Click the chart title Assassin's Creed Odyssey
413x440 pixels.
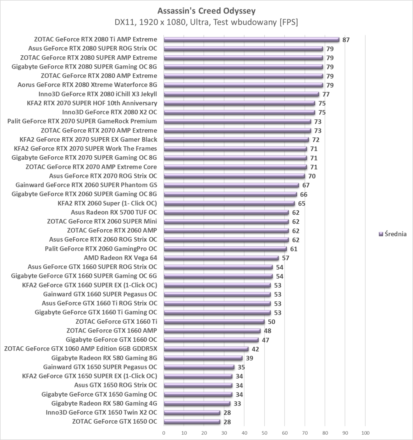[206, 11]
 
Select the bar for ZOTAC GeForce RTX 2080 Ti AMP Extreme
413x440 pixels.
[251, 40]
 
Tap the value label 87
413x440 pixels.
[346, 40]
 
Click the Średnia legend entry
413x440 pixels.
[393, 234]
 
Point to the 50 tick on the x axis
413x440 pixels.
[265, 433]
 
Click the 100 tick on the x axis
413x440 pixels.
[365, 433]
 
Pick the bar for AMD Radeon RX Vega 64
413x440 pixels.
[221, 258]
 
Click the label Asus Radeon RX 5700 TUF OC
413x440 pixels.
[114, 212]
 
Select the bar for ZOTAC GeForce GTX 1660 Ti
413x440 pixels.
[214, 322]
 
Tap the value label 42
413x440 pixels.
[255, 349]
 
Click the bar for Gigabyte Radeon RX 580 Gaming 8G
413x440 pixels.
[203, 358]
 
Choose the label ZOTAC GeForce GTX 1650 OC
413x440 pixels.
[114, 422]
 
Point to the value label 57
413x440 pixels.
[285, 258]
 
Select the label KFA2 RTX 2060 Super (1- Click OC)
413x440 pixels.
[107, 203]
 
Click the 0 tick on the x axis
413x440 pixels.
[164, 433]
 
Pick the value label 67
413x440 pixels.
[306, 185]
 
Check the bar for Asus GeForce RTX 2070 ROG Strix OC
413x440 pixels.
[234, 176]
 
